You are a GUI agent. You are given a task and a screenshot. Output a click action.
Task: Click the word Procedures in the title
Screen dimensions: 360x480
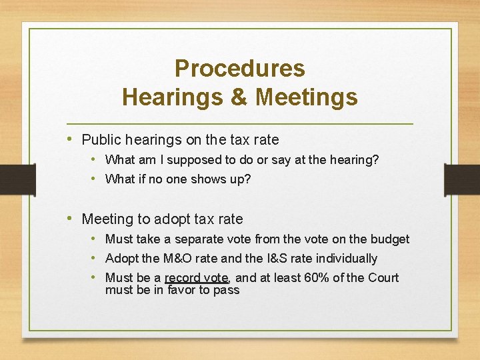(239, 68)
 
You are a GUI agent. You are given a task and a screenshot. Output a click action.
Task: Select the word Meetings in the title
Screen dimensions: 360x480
(307, 97)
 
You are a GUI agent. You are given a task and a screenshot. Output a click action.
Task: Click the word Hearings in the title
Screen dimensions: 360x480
(175, 97)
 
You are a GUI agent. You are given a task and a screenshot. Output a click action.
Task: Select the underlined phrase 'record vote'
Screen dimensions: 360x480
(197, 277)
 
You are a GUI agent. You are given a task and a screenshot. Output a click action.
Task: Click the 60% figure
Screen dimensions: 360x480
(314, 277)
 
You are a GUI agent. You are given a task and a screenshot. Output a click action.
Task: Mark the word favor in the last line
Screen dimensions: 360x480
(181, 290)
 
